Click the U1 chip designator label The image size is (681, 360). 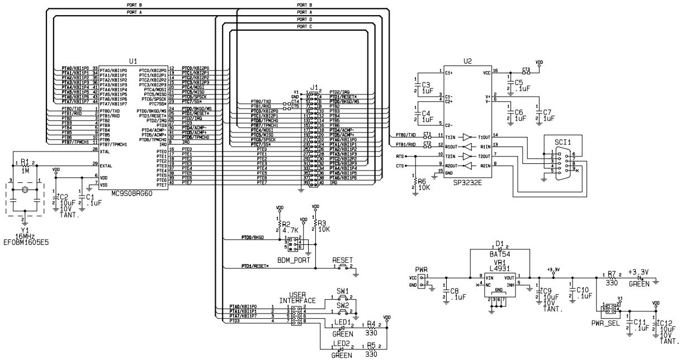tap(133, 60)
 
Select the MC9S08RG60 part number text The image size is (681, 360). tap(133, 193)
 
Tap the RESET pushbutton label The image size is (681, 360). tap(342, 260)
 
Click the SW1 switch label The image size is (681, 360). tap(343, 291)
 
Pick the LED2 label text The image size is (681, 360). tap(342, 343)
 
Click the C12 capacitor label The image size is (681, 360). tap(665, 323)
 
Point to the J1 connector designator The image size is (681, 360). tap(314, 88)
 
